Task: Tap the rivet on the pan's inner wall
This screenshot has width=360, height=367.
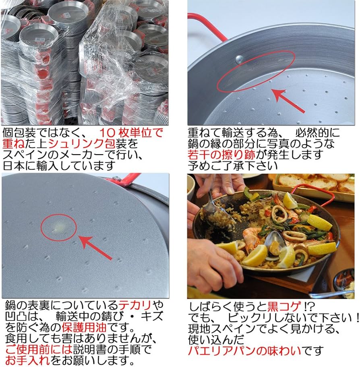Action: coord(239,59)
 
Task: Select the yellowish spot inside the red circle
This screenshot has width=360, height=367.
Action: coord(59,227)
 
